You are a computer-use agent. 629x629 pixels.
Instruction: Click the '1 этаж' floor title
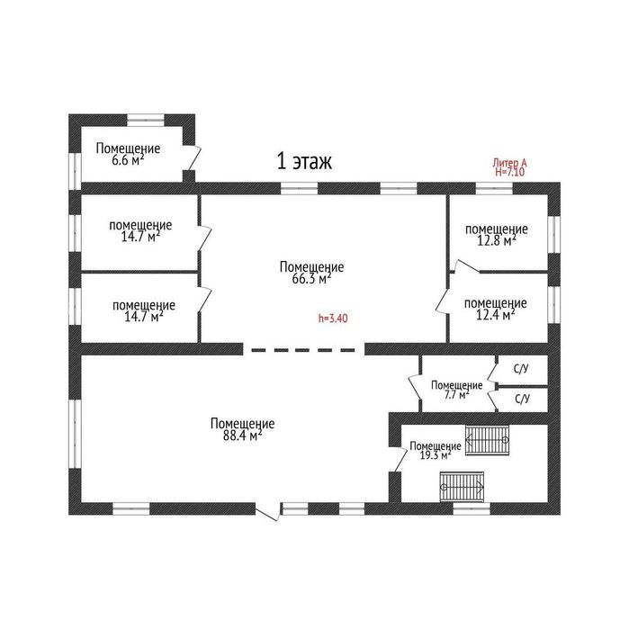click(x=304, y=161)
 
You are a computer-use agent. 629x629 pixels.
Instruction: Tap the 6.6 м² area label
click(x=128, y=160)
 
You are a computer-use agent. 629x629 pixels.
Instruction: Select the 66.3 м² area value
click(x=311, y=278)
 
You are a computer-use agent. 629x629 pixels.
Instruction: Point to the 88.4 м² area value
click(x=242, y=436)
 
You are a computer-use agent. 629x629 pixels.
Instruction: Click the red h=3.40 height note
click(x=333, y=319)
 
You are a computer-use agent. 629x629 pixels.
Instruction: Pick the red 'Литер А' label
click(x=509, y=163)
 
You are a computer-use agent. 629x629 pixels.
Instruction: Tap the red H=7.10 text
click(x=509, y=172)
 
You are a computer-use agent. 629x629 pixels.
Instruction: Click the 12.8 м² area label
click(x=496, y=240)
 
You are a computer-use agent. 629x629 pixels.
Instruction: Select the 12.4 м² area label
click(x=496, y=315)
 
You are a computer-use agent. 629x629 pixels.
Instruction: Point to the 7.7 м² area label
click(x=456, y=395)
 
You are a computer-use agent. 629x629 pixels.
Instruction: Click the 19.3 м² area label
click(x=436, y=455)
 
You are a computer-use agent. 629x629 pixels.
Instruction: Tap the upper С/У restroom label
click(x=521, y=369)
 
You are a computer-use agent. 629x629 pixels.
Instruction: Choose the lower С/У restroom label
click(x=522, y=399)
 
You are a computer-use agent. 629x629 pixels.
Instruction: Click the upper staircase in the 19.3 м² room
click(x=487, y=440)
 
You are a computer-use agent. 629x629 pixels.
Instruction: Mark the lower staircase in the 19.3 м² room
click(x=462, y=487)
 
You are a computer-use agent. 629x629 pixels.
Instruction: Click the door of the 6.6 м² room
click(x=193, y=157)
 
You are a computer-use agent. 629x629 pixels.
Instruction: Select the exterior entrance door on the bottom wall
click(x=267, y=513)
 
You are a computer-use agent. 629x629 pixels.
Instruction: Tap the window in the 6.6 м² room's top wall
click(x=146, y=120)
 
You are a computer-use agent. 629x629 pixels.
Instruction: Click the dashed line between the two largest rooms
click(x=303, y=350)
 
